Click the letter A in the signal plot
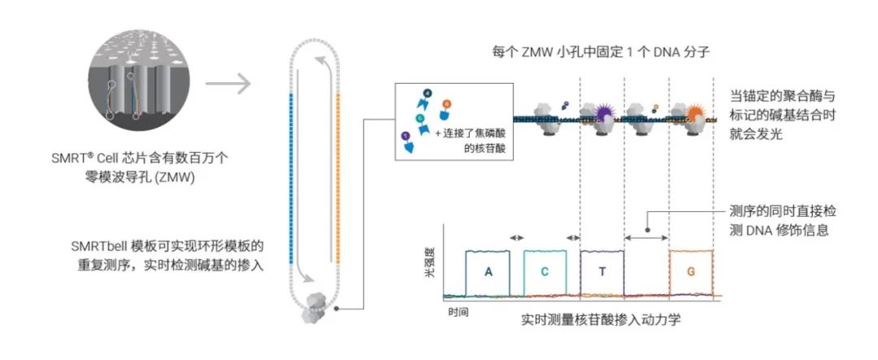[488, 271]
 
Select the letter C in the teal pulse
[545, 271]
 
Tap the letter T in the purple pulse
[602, 271]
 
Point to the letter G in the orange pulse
[692, 271]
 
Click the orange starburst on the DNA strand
[697, 114]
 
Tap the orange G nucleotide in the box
[446, 104]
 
